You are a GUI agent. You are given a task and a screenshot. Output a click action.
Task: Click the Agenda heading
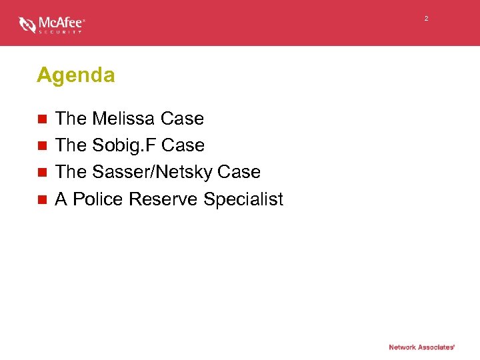click(x=76, y=75)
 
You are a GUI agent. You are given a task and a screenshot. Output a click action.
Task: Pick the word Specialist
click(x=243, y=199)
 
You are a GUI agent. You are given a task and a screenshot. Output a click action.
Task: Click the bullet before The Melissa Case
click(x=42, y=119)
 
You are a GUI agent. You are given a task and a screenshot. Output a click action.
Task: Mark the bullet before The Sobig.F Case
click(x=42, y=146)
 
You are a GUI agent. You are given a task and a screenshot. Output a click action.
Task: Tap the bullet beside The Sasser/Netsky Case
click(x=42, y=173)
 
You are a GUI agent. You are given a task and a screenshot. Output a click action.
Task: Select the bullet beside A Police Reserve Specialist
click(x=42, y=199)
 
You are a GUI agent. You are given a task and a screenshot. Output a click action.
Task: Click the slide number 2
click(x=426, y=18)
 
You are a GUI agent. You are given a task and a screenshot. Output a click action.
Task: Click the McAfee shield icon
click(x=27, y=25)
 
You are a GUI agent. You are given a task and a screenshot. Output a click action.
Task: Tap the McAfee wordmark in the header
click(x=61, y=22)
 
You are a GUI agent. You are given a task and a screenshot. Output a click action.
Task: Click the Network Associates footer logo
click(x=422, y=347)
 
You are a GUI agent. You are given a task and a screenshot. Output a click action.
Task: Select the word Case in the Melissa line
click(x=182, y=119)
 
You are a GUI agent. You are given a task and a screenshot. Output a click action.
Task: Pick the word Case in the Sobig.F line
click(x=183, y=145)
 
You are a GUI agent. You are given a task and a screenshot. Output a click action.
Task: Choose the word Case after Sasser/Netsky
click(x=238, y=172)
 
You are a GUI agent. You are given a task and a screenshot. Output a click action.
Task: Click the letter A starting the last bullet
click(x=61, y=199)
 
